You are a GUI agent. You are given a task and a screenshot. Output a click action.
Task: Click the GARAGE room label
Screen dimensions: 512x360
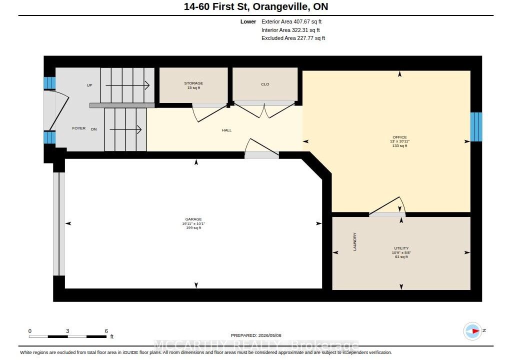[193, 219]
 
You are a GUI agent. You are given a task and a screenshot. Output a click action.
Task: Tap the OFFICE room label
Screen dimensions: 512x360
[399, 137]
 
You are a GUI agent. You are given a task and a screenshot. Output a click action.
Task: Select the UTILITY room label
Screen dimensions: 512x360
[401, 248]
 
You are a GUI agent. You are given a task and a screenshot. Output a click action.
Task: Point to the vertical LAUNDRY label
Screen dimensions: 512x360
[354, 241]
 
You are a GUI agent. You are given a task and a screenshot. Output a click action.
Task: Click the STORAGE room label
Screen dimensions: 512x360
[193, 83]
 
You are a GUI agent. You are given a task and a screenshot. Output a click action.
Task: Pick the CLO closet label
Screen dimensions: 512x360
[265, 84]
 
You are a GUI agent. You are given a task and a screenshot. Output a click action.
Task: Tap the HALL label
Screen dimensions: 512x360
[226, 130]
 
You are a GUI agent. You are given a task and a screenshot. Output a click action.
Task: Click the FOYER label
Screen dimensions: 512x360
[78, 128]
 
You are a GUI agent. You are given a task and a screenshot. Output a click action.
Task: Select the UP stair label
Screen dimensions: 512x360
[89, 85]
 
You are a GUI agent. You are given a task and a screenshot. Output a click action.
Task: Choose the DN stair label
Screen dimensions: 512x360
[94, 129]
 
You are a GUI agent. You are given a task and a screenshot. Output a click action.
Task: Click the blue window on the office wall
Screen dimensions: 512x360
[476, 127]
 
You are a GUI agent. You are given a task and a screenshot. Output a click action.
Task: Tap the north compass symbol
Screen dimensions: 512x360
[473, 331]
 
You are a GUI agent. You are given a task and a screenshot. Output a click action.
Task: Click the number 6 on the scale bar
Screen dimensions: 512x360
[106, 331]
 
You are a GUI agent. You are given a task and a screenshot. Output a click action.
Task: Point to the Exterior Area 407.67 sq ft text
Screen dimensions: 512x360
[291, 21]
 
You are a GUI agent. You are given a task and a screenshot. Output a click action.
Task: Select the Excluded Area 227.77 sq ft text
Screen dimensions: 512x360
[293, 38]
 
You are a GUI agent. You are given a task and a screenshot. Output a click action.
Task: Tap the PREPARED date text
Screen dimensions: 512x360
[256, 335]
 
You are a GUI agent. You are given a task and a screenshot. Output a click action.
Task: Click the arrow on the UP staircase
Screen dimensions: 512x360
[127, 85]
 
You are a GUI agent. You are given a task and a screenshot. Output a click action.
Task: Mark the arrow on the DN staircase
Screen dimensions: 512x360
[125, 129]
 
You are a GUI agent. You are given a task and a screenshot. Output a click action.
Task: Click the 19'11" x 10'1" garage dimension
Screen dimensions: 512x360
[193, 224]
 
